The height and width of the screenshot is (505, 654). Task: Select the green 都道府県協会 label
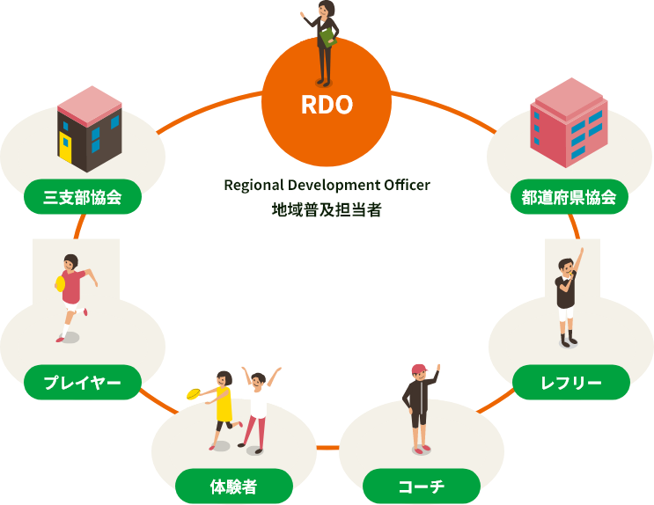(569, 197)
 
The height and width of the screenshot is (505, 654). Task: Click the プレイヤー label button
(82, 383)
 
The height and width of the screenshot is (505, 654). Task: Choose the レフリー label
(571, 383)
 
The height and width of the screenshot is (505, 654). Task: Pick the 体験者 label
(233, 486)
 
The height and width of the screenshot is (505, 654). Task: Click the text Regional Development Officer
(327, 186)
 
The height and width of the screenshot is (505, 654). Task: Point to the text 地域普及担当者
(327, 211)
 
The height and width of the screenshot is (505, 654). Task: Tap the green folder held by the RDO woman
(327, 38)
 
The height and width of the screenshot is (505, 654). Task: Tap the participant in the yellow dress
(224, 405)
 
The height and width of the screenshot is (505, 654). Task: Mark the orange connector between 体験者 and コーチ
(327, 448)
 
